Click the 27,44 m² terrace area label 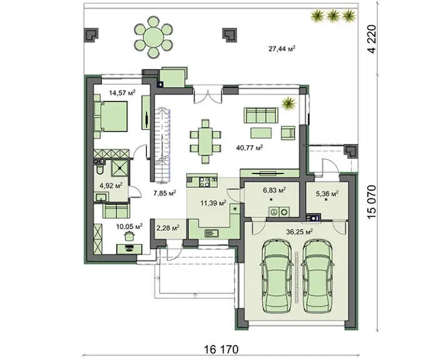282,49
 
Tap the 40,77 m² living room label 250,148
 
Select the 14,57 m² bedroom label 122,93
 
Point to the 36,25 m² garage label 299,232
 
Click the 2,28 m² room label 168,229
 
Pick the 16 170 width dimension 222,349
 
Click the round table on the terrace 153,37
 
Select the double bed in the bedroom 111,116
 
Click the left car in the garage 277,277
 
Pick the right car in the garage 317,277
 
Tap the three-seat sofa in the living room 261,115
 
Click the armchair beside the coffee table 288,133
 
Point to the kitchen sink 211,232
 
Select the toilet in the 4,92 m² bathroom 99,169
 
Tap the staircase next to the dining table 163,145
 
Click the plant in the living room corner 288,103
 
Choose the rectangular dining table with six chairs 206,141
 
